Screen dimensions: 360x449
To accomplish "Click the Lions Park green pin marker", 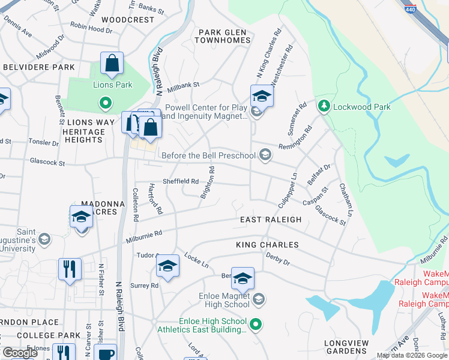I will [x=106, y=103].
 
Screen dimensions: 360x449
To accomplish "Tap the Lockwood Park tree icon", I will [x=324, y=106].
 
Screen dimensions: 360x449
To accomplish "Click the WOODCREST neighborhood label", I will [x=128, y=19].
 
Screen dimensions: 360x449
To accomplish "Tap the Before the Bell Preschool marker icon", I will [x=265, y=156].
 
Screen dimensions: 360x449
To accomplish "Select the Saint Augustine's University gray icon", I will [x=44, y=239].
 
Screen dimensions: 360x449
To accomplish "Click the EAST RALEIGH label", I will [x=271, y=220].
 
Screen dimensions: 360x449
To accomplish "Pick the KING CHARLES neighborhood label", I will [x=267, y=245].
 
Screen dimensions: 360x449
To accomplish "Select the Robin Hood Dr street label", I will [x=91, y=26].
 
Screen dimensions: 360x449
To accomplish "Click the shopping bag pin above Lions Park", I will [x=112, y=64].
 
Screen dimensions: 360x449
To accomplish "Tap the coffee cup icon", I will [x=106, y=353].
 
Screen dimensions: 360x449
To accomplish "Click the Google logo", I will [x=20, y=353].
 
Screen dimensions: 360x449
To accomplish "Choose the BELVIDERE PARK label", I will [x=38, y=67].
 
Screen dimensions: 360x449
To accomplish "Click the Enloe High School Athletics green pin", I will [x=256, y=325].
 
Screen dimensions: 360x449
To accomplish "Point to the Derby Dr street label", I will [x=277, y=262].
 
